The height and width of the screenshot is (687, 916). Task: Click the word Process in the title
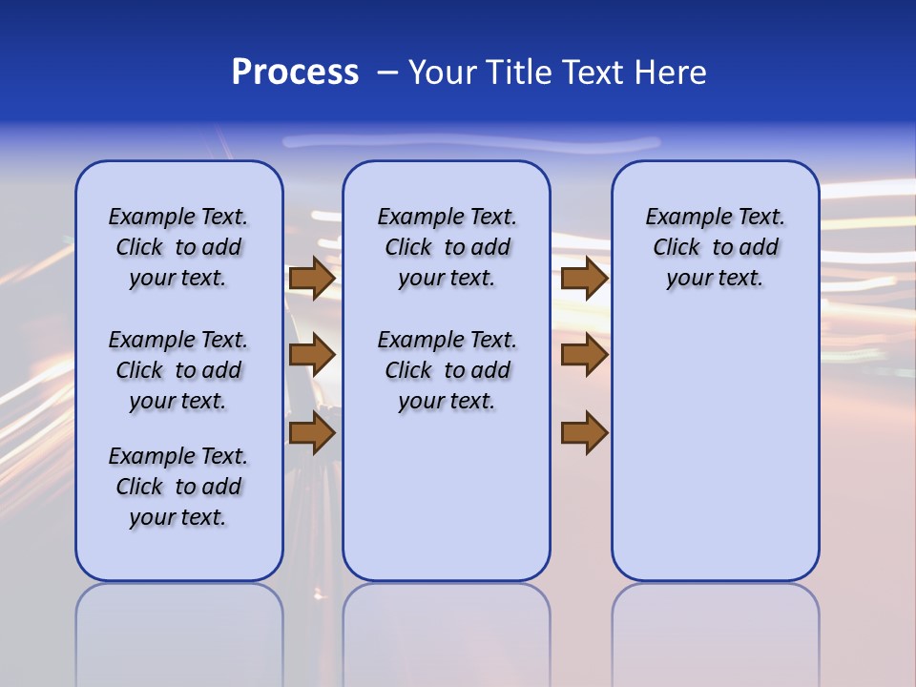(x=295, y=73)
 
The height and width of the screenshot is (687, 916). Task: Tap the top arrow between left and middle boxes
(x=312, y=278)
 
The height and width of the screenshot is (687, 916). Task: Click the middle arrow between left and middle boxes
(x=312, y=355)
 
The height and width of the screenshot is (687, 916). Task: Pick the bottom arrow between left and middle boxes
(x=312, y=432)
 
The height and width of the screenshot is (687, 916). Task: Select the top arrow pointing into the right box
(x=584, y=278)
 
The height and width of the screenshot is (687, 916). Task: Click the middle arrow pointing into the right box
(x=584, y=355)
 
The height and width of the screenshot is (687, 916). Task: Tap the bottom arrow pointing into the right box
(x=584, y=432)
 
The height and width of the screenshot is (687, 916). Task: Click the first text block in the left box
(x=178, y=247)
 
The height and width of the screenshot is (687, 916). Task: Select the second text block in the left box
(x=178, y=370)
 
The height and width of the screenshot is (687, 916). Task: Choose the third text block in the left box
(x=178, y=487)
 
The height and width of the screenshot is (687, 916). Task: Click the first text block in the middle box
(x=447, y=247)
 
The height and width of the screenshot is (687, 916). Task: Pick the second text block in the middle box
(x=447, y=370)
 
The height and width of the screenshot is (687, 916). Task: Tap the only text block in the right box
(x=715, y=247)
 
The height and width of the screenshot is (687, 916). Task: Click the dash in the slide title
(x=387, y=73)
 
